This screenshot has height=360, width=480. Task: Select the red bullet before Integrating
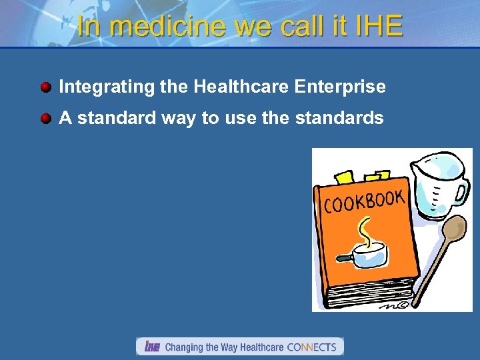pos(45,87)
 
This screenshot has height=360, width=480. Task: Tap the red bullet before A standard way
pos(45,119)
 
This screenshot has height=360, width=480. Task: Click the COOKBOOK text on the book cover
pos(364,201)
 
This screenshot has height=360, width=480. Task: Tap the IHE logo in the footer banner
pos(151,347)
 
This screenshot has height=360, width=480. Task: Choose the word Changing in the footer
pos(184,347)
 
